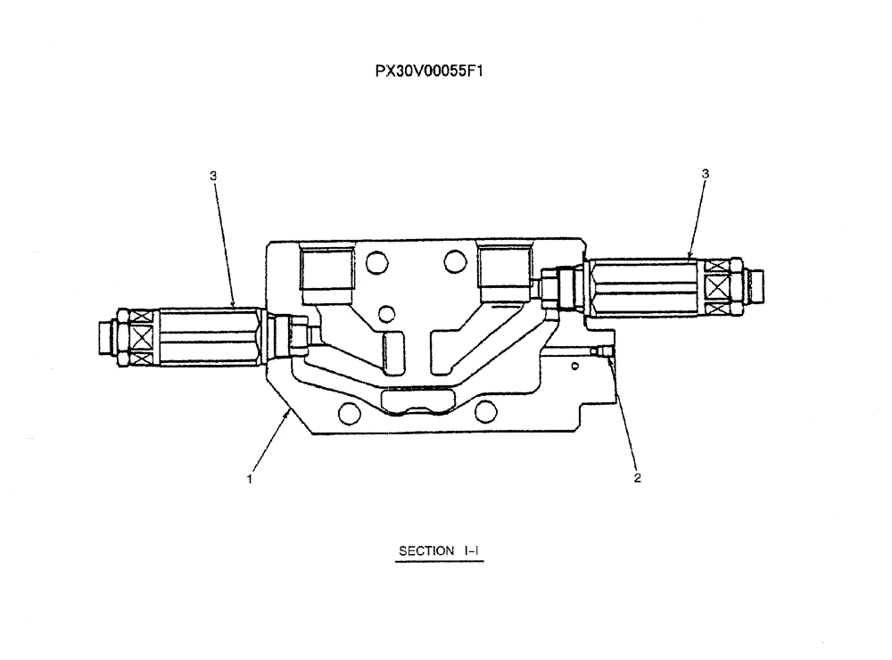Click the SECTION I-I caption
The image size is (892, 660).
pos(439,551)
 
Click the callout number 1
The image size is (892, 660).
pos(251,478)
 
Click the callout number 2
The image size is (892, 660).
pos(637,478)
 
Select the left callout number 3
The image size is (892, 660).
pos(213,176)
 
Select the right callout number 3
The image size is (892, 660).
pos(706,175)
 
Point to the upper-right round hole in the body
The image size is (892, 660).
pos(454,261)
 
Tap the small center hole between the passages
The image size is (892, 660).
pos(386,313)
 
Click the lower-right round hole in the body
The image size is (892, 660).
pos(485,409)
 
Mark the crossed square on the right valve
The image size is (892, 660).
pos(717,287)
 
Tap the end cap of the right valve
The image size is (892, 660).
pos(755,287)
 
